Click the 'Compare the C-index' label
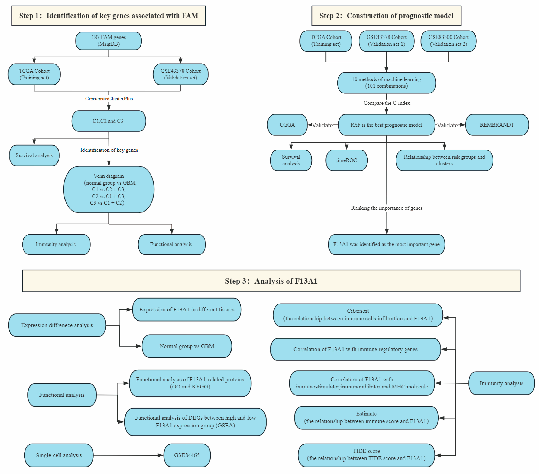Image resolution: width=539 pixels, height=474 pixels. point(387,103)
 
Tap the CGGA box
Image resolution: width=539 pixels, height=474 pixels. point(287,125)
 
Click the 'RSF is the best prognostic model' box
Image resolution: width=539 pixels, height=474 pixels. point(386,125)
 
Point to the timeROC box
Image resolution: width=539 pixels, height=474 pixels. point(346,160)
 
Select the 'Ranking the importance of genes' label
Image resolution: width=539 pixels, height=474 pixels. point(387,208)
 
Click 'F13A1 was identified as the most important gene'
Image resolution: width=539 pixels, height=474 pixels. point(386,244)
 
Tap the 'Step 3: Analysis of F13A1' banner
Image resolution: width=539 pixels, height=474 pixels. point(271,281)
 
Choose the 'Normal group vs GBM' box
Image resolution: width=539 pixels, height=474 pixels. point(187,346)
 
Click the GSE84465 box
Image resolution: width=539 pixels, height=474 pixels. point(187,455)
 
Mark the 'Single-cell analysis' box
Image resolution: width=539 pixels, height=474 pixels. point(59,455)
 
